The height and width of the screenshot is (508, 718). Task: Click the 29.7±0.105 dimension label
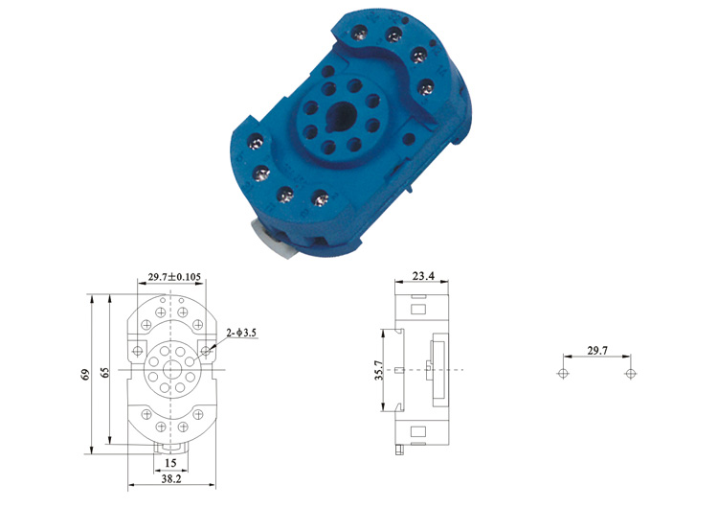pos(174,277)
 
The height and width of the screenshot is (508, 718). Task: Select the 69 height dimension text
pos(85,374)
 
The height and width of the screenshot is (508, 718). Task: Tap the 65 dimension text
pos(105,372)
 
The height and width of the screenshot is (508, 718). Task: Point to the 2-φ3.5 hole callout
pos(241,333)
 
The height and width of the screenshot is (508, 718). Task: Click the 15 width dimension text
pos(170,463)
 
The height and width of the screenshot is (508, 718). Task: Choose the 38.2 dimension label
pos(171,479)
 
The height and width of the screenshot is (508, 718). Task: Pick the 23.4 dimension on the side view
pos(422,276)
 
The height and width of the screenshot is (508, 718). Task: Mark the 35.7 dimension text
pos(378,370)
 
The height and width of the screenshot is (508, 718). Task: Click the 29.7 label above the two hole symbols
pos(597,350)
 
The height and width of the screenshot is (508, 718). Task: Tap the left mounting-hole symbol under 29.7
pos(563,373)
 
